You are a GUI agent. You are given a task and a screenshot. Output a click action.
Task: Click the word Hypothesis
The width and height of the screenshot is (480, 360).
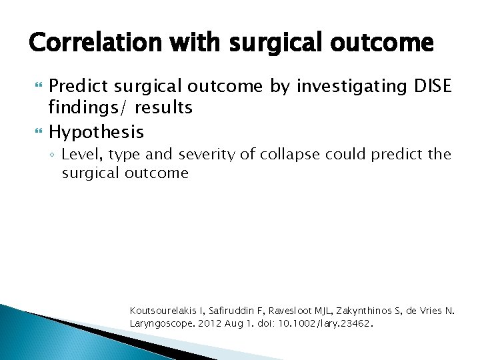pyautogui.click(x=96, y=131)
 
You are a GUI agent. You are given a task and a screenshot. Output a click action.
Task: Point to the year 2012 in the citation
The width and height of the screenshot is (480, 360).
pyautogui.click(x=208, y=323)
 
